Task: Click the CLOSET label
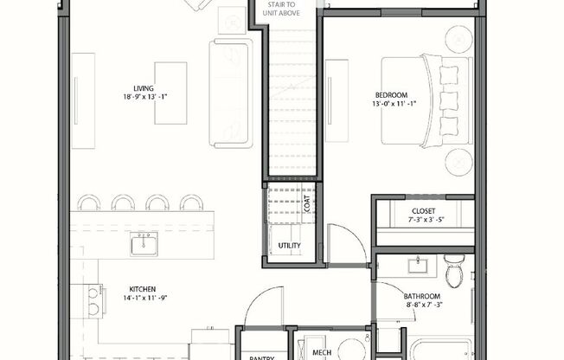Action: pyautogui.click(x=424, y=212)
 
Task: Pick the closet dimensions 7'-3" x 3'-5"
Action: pyautogui.click(x=424, y=222)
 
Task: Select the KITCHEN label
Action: pyautogui.click(x=144, y=289)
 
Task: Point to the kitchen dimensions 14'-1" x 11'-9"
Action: pyautogui.click(x=144, y=299)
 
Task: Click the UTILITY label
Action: pyautogui.click(x=289, y=246)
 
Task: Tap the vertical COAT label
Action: pyautogui.click(x=306, y=203)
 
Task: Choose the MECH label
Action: pyautogui.click(x=322, y=352)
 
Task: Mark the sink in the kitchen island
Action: pyautogui.click(x=144, y=244)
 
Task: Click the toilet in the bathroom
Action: pyautogui.click(x=453, y=273)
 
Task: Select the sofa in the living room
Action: pyautogui.click(x=231, y=93)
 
